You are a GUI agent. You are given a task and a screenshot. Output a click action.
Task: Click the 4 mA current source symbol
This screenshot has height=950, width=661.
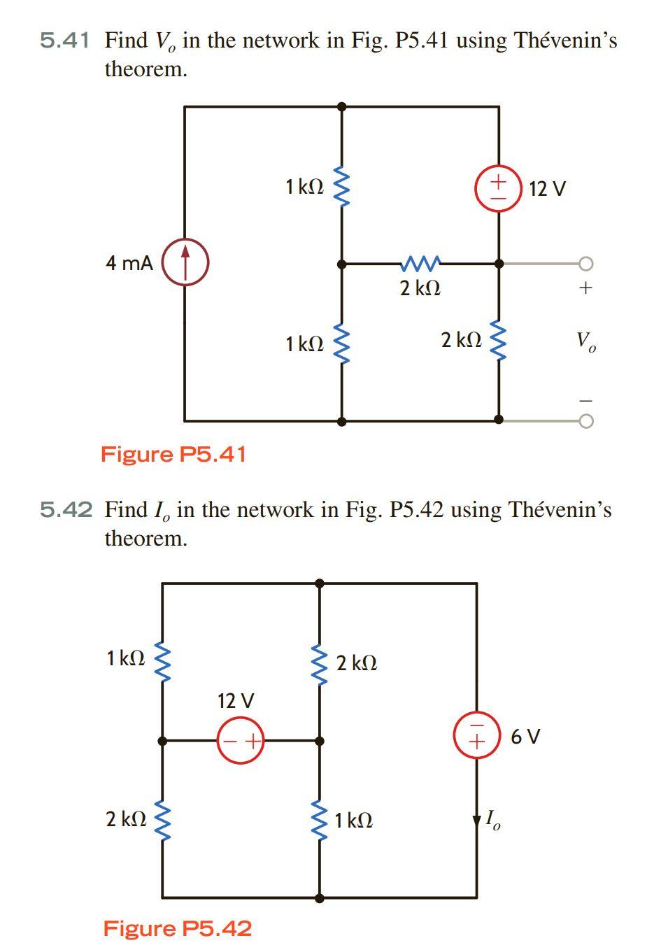(x=185, y=264)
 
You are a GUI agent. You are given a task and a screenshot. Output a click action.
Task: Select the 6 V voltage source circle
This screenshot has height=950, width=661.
(x=477, y=735)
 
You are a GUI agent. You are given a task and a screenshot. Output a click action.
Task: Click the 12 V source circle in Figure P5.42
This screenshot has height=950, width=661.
(x=240, y=740)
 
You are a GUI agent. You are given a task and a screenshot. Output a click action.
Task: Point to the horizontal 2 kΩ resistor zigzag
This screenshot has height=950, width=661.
(x=420, y=264)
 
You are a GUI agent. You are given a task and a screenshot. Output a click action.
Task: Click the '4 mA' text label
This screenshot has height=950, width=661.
(x=129, y=264)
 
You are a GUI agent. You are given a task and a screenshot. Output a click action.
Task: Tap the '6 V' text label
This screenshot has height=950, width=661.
(x=525, y=736)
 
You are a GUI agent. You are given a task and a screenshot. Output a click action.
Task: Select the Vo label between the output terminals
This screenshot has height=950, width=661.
(x=585, y=342)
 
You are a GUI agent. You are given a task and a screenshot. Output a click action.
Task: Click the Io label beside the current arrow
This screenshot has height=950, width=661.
(x=494, y=819)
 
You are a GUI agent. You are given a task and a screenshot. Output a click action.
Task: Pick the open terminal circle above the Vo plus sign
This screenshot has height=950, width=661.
(x=585, y=264)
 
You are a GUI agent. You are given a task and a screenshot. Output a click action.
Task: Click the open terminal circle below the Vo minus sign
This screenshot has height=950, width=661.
(x=585, y=420)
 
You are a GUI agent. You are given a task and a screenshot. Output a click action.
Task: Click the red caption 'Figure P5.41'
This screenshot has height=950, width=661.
(x=173, y=454)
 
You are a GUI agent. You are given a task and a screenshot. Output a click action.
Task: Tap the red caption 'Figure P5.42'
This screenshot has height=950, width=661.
(x=177, y=928)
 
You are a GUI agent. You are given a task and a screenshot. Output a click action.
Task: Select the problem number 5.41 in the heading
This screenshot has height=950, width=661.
(x=64, y=41)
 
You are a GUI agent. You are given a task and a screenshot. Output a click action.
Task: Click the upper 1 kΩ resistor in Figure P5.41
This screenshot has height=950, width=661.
(x=341, y=187)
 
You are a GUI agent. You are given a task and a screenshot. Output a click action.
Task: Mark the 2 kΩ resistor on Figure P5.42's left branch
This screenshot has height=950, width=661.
(x=162, y=818)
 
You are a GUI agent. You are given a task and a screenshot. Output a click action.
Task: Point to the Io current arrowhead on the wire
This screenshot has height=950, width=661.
(x=477, y=819)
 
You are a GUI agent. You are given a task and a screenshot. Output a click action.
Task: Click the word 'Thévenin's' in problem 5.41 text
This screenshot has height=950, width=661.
(x=565, y=41)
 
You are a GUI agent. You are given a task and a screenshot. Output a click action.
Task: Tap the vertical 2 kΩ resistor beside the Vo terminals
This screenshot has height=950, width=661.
(x=498, y=341)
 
